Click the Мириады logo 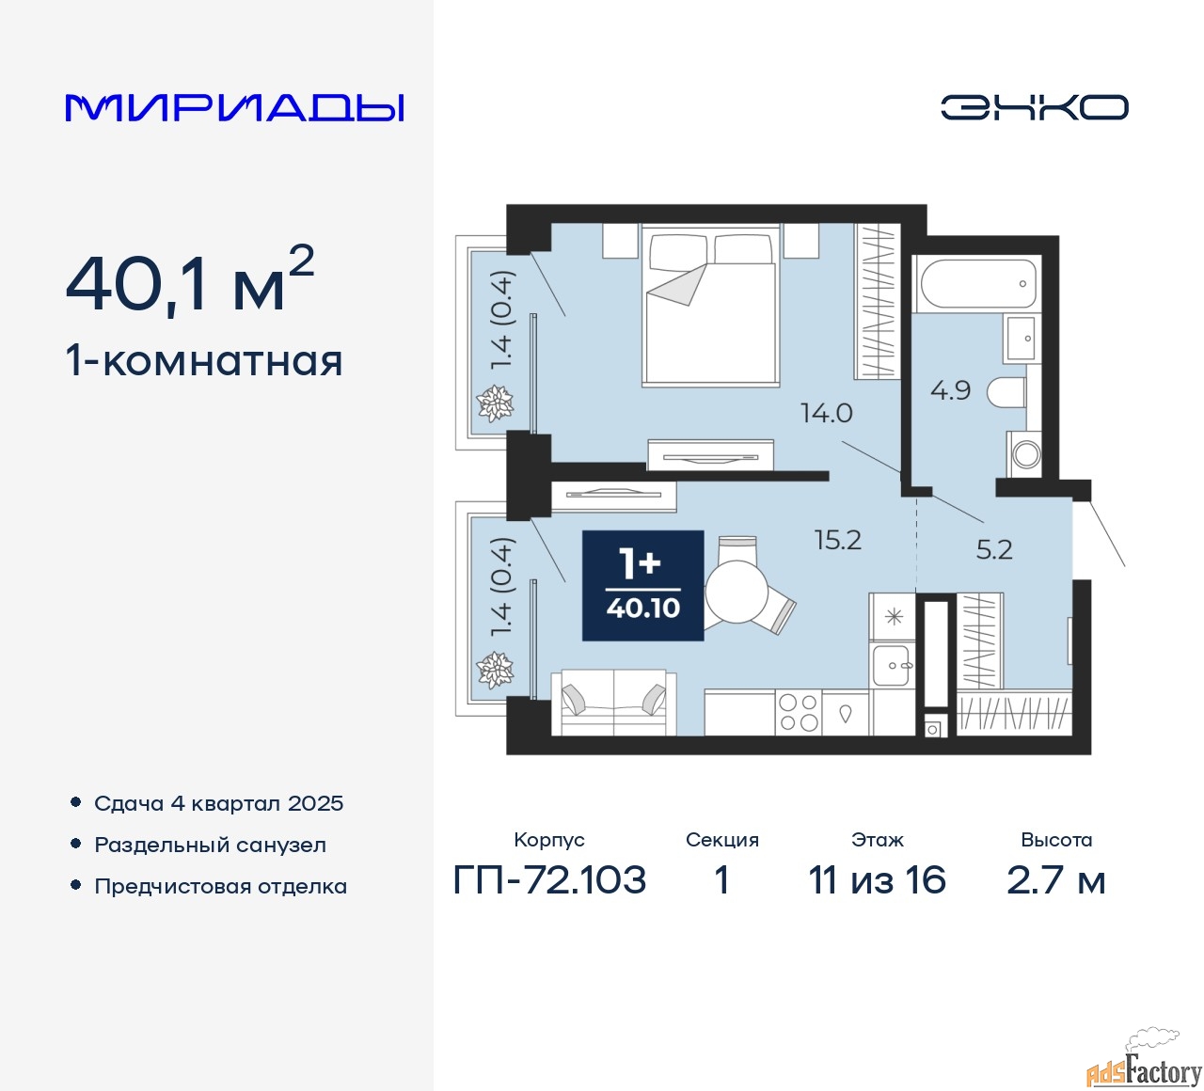(234, 108)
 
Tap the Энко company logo (1034, 107)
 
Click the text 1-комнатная (204, 361)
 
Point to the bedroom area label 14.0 (827, 413)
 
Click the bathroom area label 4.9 (951, 390)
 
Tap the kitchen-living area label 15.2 (838, 540)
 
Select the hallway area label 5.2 (994, 549)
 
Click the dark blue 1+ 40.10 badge (642, 586)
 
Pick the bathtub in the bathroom (976, 284)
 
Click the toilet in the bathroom (1006, 392)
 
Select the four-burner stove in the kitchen (799, 712)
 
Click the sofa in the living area (613, 703)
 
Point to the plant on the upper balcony (495, 403)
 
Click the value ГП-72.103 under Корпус (549, 879)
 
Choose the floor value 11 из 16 (877, 879)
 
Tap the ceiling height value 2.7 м (1055, 879)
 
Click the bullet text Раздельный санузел (210, 845)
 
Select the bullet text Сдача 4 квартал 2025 (218, 803)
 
